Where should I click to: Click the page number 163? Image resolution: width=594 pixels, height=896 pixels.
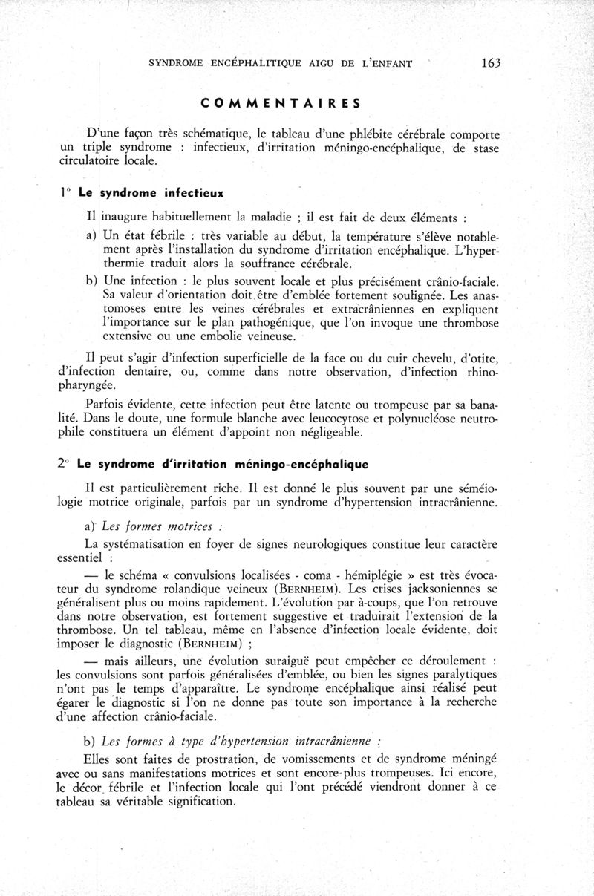(x=491, y=63)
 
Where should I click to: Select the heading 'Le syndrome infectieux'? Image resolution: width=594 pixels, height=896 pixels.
(x=151, y=192)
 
